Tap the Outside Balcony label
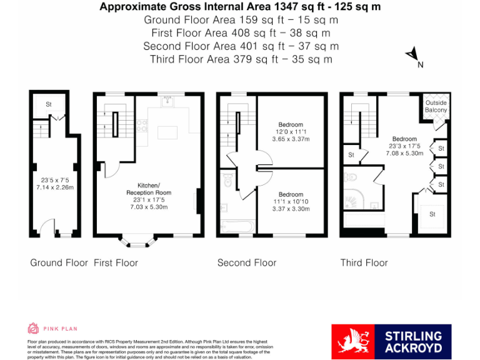pos(436,106)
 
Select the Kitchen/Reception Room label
pos(149,196)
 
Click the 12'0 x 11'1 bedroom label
pos(291,132)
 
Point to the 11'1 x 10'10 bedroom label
pos(291,202)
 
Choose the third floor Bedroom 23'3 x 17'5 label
pos(404,146)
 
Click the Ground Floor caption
pos(59,263)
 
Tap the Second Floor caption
pos(246,263)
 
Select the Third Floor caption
pos(364,263)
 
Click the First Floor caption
pos(116,263)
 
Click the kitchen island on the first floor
pos(168,132)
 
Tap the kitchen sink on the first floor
pos(166,102)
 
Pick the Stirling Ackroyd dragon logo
pos(352,342)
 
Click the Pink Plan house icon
pos(33,328)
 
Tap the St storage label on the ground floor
pos(48,104)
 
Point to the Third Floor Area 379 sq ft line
pos(241,59)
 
